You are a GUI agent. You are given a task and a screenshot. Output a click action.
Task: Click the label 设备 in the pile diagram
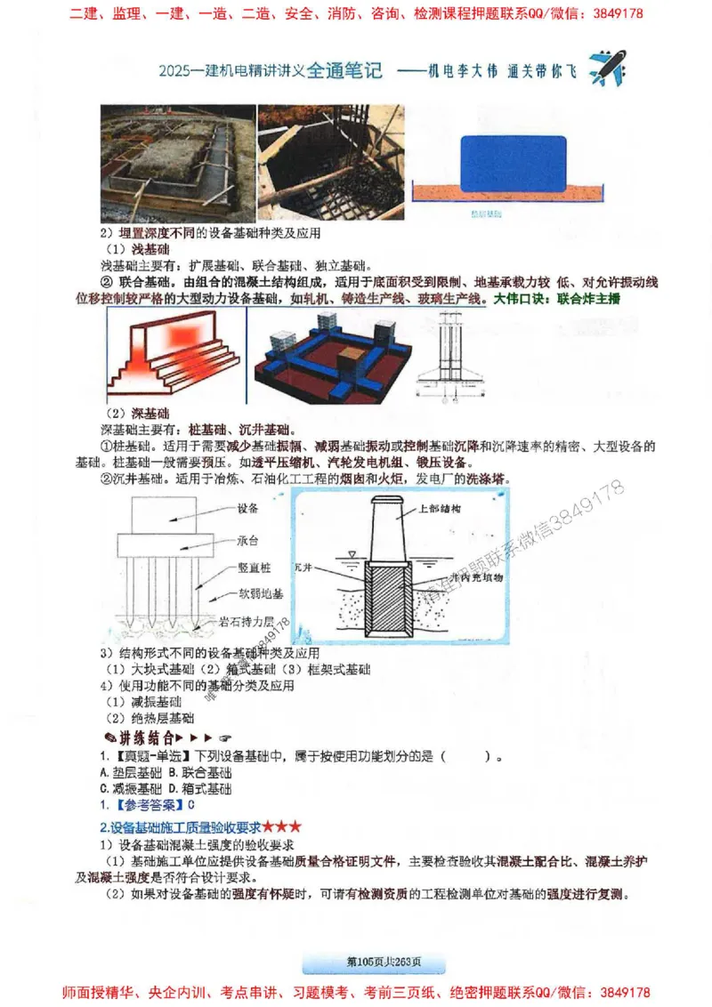click(x=247, y=509)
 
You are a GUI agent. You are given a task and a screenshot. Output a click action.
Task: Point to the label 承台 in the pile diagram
click(x=247, y=540)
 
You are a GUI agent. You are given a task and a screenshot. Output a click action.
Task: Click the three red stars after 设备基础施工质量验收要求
click(x=282, y=827)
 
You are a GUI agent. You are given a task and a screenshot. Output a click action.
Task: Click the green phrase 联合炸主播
click(x=587, y=299)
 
